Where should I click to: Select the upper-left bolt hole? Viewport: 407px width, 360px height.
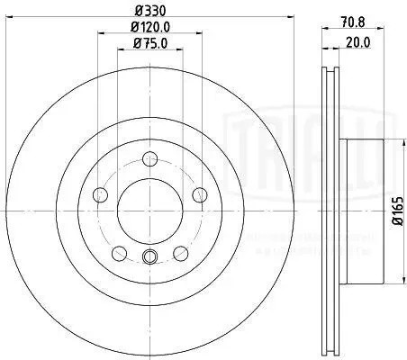(x=100, y=195)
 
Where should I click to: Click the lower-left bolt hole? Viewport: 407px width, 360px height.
(x=118, y=252)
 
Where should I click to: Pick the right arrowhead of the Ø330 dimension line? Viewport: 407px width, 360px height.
(x=295, y=18)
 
